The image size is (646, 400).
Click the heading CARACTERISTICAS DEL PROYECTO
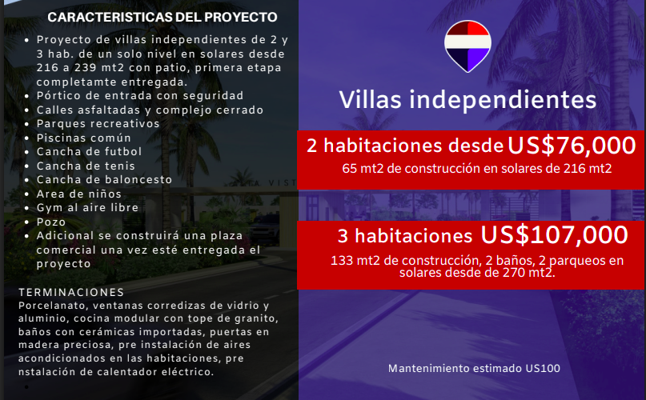coord(163,18)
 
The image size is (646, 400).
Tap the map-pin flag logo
coord(467,46)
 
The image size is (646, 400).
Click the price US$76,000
coord(572,146)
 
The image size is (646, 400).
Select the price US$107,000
coord(554,235)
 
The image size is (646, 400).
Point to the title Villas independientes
coord(467,100)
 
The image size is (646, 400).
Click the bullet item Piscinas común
coord(83,138)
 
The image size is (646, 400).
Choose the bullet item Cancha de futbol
coord(89,151)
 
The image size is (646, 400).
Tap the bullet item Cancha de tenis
coord(86,166)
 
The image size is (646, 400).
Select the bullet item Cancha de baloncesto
coord(104,180)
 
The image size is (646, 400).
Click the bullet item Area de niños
coord(78,194)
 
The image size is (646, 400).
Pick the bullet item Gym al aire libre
coord(87,208)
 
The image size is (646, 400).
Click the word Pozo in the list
coord(50,222)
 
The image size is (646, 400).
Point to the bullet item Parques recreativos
coord(98,123)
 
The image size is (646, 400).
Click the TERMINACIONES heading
coord(71,293)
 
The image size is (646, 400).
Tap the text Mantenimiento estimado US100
coord(474,368)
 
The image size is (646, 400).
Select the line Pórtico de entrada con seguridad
coord(139,96)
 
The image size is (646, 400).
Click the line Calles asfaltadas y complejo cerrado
coord(150,110)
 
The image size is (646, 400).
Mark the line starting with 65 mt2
coord(476,169)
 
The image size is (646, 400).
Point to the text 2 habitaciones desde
coord(405,146)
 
